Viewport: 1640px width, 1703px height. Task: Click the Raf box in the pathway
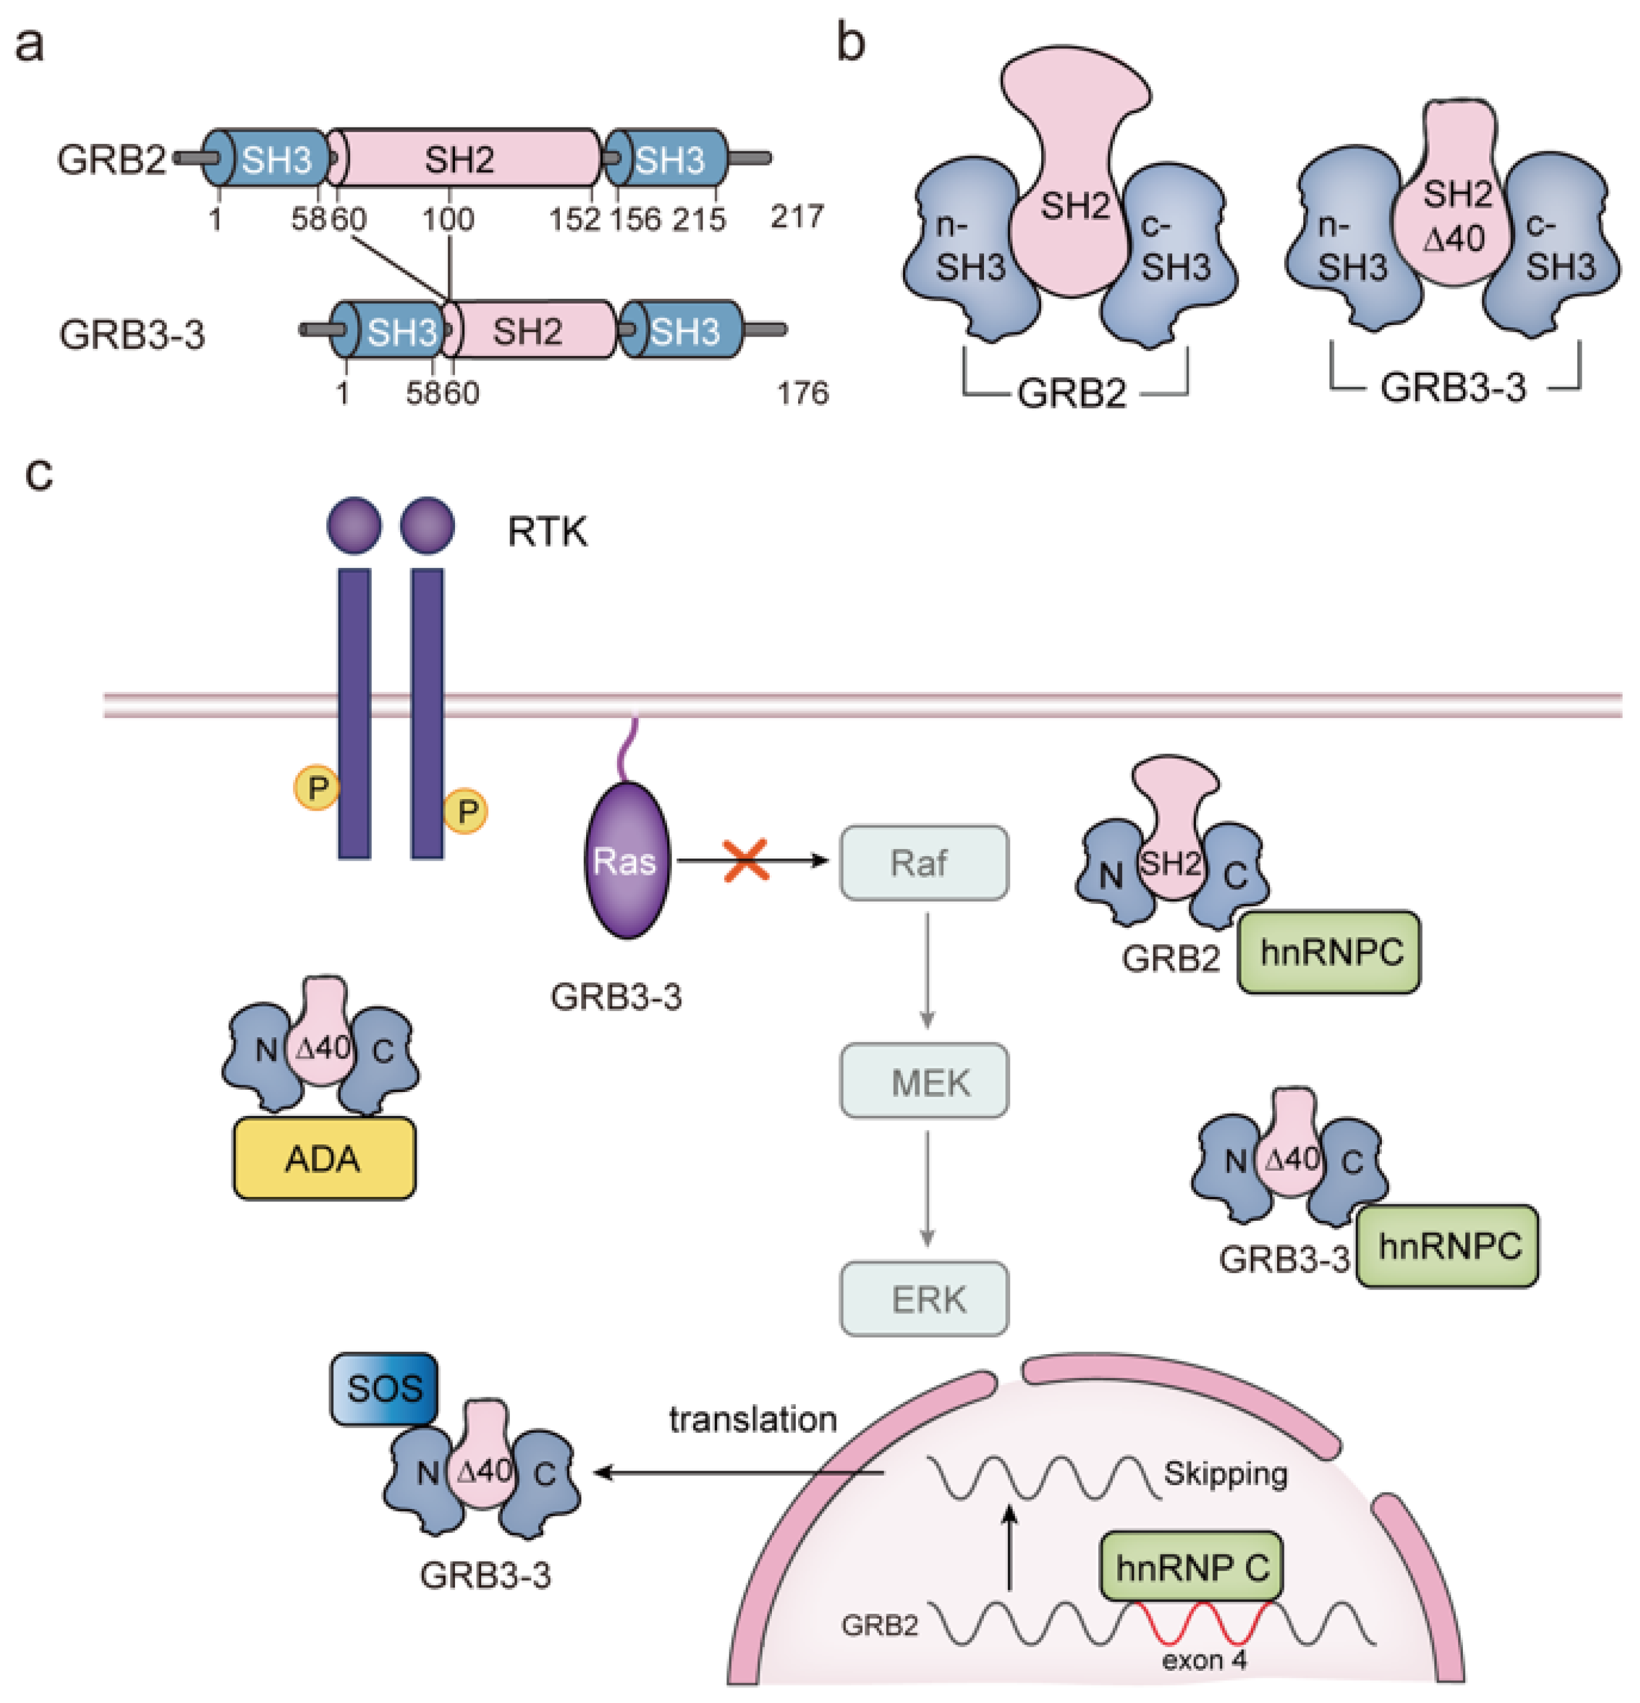point(923,863)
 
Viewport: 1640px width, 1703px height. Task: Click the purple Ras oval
point(626,860)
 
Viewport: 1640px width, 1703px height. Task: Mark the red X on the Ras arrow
point(746,860)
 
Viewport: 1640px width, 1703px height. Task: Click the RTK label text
point(546,532)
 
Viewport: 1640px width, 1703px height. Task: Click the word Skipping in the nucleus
point(1225,1474)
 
